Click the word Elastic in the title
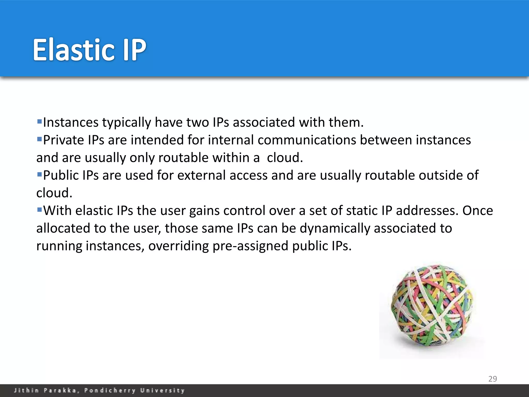74,50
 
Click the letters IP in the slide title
134,50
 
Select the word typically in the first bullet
127,123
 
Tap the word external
202,175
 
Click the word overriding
178,246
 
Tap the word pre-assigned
250,246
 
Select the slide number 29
493,379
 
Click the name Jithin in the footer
26,390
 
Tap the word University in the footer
162,390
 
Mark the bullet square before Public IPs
39,175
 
